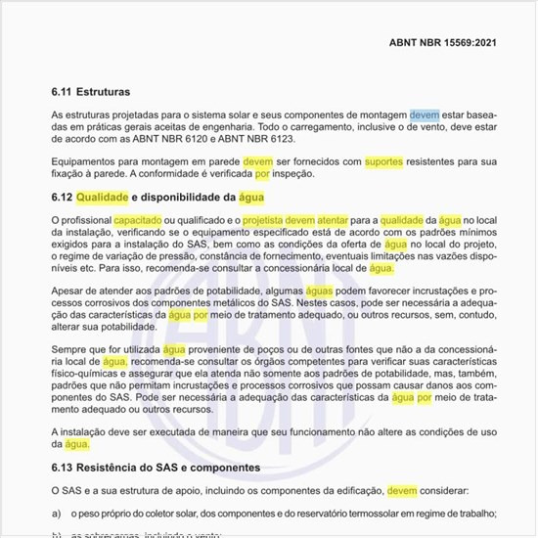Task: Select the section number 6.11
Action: (x=62, y=92)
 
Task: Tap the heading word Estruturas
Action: (x=103, y=92)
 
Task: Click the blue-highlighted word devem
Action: (x=425, y=115)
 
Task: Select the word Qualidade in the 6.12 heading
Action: (x=102, y=198)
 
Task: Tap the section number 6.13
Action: (x=62, y=467)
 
